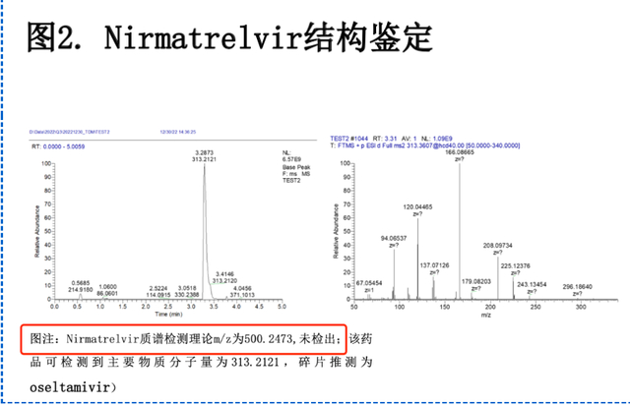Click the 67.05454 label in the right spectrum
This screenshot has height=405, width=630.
[368, 282]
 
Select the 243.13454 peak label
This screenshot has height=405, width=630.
[533, 281]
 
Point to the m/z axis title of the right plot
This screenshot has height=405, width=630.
[485, 315]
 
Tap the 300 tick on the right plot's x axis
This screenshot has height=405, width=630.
[581, 306]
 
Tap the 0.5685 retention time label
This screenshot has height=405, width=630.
[82, 281]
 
